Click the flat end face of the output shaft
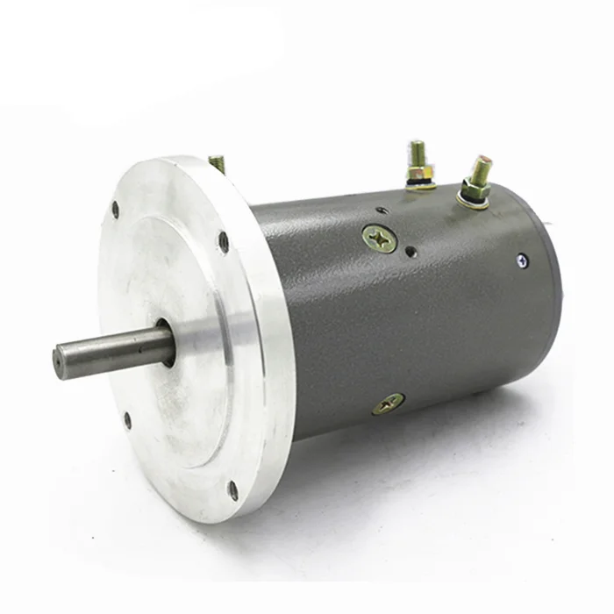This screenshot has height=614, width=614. [x=60, y=362]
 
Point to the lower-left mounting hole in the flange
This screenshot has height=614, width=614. [x=127, y=420]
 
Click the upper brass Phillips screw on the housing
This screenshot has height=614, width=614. [x=380, y=238]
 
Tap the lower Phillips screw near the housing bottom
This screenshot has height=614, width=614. [x=388, y=403]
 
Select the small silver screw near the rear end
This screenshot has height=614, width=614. [x=522, y=260]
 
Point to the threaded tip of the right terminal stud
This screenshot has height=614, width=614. [x=482, y=164]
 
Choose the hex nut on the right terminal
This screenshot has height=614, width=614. [x=475, y=188]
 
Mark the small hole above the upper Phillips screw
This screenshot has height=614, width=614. [x=379, y=211]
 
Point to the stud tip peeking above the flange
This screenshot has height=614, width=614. [x=217, y=163]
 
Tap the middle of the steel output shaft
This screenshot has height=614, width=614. [x=114, y=349]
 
